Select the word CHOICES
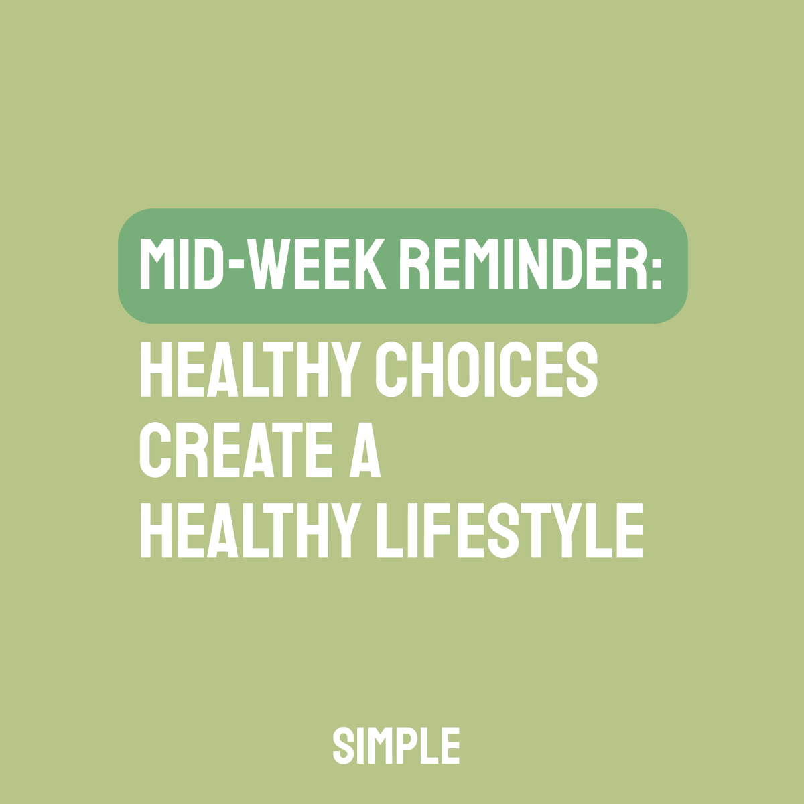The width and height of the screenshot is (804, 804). pos(485,371)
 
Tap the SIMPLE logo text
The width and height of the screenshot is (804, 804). pos(396,745)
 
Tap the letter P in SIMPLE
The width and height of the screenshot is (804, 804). pos(407,745)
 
